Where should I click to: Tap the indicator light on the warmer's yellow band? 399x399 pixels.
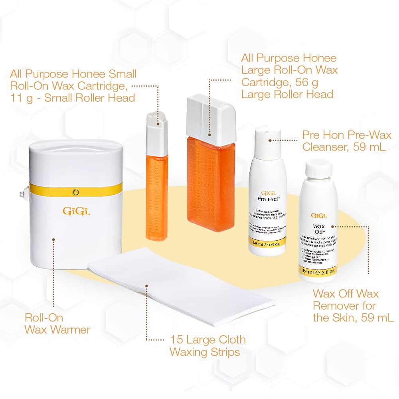[x=75, y=192]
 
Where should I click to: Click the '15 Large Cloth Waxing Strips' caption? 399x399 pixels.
[x=207, y=346]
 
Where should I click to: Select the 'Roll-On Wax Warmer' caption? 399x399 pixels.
[x=57, y=324]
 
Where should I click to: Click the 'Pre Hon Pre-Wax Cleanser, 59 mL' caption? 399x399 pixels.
[x=347, y=141]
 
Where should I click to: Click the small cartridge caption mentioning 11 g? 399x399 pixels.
[x=73, y=86]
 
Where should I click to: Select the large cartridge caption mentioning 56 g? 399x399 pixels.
[x=289, y=76]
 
